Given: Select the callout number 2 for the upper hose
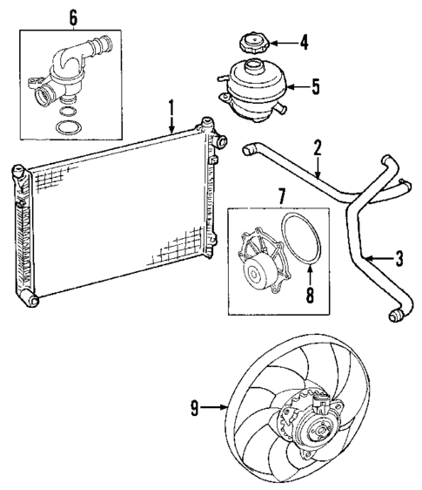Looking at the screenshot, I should (318, 147).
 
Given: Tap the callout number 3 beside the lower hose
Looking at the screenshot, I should (399, 258).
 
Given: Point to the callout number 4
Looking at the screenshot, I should (304, 40).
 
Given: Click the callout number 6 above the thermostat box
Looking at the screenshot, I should (72, 17).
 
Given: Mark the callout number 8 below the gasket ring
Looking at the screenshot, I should (309, 295).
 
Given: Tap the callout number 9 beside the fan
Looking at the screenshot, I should (194, 405).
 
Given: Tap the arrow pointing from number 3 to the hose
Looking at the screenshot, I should (376, 258).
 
